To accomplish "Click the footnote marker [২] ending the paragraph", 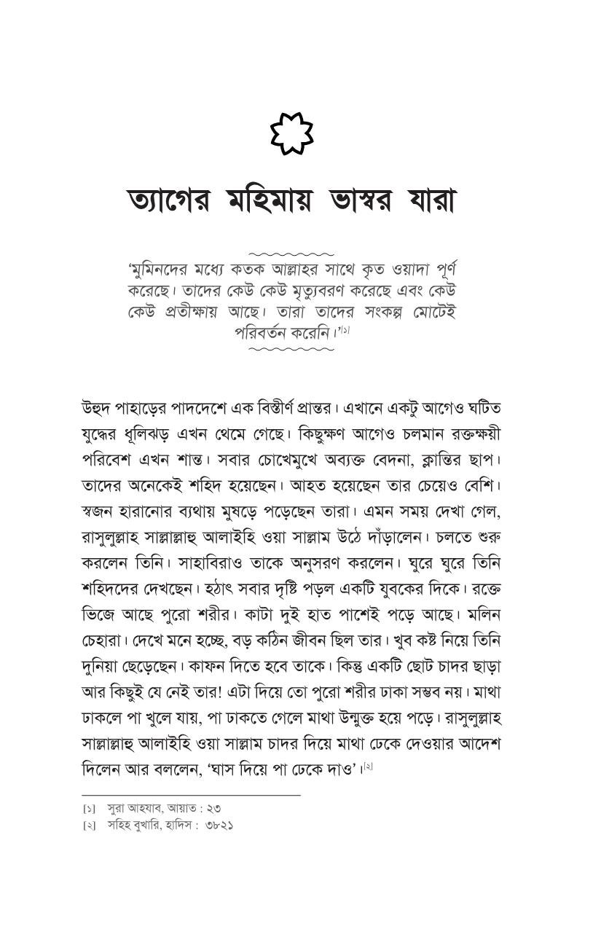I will [368, 767].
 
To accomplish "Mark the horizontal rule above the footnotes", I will [191, 795].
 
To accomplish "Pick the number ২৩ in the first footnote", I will [213, 808].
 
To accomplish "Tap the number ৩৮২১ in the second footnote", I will [219, 826].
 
